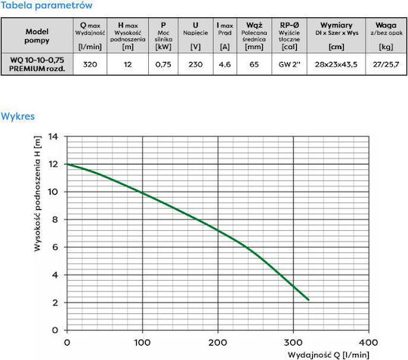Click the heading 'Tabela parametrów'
coord(46,5)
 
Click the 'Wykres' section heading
coord(17,116)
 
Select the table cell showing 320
coord(90,64)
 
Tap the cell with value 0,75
coord(163,64)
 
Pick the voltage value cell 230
coord(196,64)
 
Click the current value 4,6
coord(225,64)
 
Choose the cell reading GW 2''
coord(289,64)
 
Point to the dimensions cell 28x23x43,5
coord(336,64)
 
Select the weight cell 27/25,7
coord(386,64)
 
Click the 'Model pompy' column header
coord(37,36)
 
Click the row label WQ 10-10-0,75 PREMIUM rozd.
coord(37,64)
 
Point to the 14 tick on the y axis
coord(53,136)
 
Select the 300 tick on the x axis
coord(293,343)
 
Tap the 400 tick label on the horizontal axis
coord(369,343)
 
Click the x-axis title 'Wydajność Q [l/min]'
coord(329,355)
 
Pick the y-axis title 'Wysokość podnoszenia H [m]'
coord(38,194)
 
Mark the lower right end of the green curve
coord(308,300)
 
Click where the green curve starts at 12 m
coord(67,164)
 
